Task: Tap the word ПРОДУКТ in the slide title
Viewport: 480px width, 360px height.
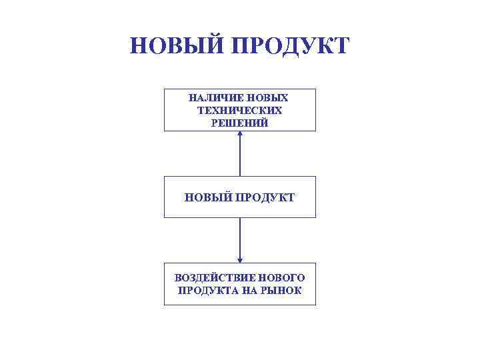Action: [289, 46]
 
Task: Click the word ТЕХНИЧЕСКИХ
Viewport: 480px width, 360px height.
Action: [240, 110]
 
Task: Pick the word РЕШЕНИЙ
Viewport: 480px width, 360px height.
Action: [240, 123]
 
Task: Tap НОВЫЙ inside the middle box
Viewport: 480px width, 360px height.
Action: [208, 197]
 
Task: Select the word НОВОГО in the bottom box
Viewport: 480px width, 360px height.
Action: [281, 277]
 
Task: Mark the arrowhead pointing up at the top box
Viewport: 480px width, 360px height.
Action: [240, 135]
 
